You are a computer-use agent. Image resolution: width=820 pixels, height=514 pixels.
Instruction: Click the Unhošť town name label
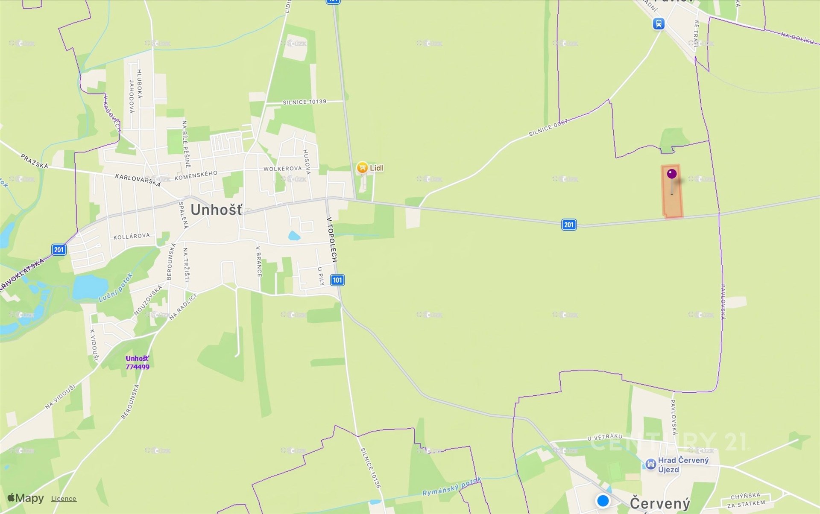(x=216, y=210)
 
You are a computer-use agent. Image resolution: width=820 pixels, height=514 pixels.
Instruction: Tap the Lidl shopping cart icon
(x=362, y=168)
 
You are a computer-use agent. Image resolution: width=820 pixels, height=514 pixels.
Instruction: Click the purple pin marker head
(x=672, y=174)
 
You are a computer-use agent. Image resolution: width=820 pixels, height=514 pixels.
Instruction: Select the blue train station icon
(x=659, y=23)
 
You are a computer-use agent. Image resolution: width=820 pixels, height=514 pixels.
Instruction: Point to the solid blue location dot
(x=603, y=500)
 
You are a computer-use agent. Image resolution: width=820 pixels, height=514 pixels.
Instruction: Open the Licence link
(x=64, y=499)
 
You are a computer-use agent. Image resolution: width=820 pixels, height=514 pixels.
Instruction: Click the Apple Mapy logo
(x=26, y=498)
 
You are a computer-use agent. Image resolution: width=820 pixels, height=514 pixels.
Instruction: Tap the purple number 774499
(x=138, y=367)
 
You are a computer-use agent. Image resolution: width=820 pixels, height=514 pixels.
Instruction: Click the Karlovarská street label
(x=138, y=180)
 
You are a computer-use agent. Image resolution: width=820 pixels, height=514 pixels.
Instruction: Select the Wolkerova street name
(x=283, y=169)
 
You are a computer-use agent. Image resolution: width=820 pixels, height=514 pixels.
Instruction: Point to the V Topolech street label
(x=332, y=239)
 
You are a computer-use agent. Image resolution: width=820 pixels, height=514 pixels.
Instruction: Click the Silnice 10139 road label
(x=305, y=102)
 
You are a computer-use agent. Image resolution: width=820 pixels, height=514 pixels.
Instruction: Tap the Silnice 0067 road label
(x=548, y=128)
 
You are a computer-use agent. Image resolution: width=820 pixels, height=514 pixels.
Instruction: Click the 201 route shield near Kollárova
(x=59, y=249)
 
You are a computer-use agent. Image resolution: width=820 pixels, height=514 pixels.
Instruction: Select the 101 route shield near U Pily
(x=337, y=280)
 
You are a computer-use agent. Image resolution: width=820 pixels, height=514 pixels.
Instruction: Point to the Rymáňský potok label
(x=451, y=486)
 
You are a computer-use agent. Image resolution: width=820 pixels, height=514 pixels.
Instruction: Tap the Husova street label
(x=307, y=162)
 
